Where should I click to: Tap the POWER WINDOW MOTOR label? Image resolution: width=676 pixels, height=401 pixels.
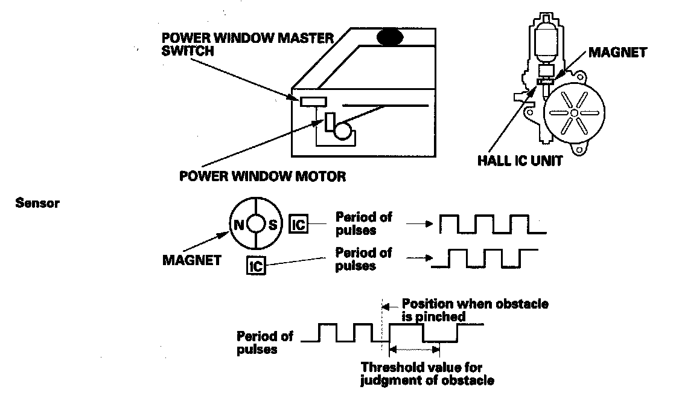coord(263,177)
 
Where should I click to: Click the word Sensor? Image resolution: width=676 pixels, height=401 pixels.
coord(37,204)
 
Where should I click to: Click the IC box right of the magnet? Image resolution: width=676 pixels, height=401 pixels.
coord(299,225)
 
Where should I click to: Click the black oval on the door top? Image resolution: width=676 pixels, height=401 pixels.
coord(392,37)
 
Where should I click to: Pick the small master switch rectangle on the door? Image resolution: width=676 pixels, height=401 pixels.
coord(313,101)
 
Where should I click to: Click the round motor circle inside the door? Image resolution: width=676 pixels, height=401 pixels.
coord(343,131)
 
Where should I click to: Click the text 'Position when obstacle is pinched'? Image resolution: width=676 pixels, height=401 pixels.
coord(474,309)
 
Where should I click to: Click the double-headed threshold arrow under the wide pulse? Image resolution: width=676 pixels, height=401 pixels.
coord(415,348)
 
